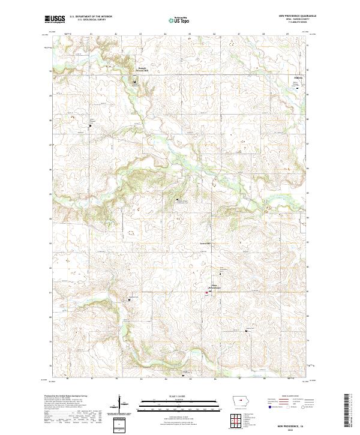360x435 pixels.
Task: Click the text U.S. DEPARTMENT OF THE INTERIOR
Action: [x=90, y=17]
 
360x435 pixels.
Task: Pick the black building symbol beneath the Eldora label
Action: [x=299, y=88]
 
